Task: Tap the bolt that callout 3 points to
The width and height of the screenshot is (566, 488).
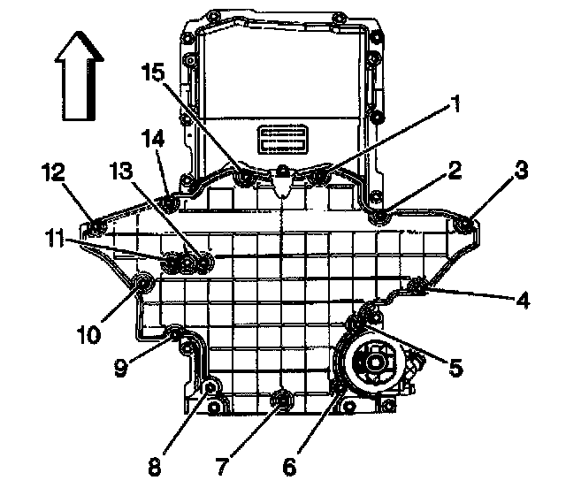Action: click(x=465, y=229)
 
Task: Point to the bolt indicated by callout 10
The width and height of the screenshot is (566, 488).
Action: click(x=140, y=284)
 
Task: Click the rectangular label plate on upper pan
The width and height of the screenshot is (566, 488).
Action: click(x=281, y=141)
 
